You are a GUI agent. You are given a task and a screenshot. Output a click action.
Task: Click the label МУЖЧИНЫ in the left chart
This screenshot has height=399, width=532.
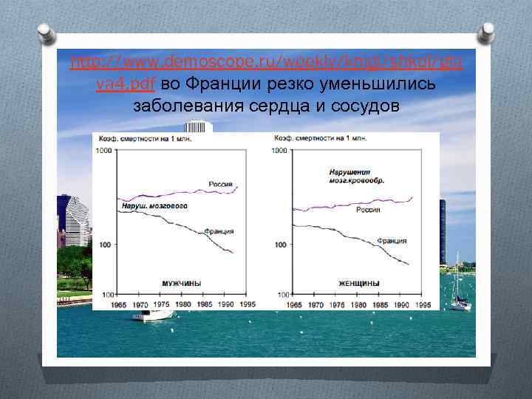pyautogui.click(x=182, y=284)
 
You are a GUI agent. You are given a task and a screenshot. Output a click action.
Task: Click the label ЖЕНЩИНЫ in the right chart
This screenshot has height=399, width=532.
pyautogui.click(x=359, y=284)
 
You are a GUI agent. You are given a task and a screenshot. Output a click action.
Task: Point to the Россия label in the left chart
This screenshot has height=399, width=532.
pyautogui.click(x=219, y=184)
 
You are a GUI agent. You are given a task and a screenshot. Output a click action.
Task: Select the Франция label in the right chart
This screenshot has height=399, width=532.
pyautogui.click(x=392, y=240)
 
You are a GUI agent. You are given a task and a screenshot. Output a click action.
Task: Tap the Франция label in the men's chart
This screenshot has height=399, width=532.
pyautogui.click(x=219, y=231)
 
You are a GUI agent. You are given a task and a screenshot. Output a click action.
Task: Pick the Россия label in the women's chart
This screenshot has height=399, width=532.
pyautogui.click(x=368, y=210)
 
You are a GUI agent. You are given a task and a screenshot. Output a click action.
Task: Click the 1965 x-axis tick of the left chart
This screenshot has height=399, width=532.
pyautogui.click(x=117, y=304)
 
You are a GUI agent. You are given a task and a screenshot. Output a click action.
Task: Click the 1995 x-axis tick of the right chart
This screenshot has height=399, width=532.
pyautogui.click(x=424, y=304)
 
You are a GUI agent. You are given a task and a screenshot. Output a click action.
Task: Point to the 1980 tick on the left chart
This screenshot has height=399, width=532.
pyautogui.click(x=183, y=304)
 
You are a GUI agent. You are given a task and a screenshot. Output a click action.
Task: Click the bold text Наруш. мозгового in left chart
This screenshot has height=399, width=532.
pyautogui.click(x=152, y=205)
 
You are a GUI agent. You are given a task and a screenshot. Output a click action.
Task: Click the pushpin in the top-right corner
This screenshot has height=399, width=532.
pyautogui.click(x=486, y=33)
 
